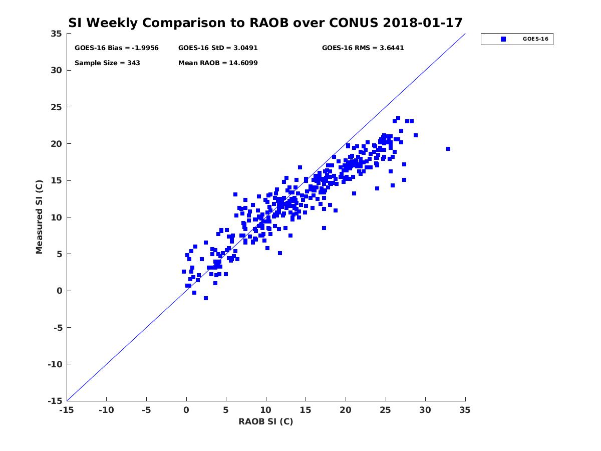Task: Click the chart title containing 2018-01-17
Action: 265,23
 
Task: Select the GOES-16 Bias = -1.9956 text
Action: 116,48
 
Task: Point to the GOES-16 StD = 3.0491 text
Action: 218,48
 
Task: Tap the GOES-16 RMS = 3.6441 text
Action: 363,48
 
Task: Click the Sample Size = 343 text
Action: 107,63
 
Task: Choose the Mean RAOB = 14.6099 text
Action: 218,63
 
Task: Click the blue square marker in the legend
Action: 503,39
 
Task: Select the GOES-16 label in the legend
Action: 535,39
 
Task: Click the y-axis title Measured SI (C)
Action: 39,217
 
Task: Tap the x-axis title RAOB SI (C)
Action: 265,421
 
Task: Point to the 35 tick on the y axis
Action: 57,34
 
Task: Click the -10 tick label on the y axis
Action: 55,364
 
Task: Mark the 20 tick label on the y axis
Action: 57,144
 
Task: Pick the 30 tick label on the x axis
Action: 425,410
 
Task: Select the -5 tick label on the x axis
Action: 146,410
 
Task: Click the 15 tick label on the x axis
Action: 306,410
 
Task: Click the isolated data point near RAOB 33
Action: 448,149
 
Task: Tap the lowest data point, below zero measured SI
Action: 206,298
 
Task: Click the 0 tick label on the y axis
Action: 60,291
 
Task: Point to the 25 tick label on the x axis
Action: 385,410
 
